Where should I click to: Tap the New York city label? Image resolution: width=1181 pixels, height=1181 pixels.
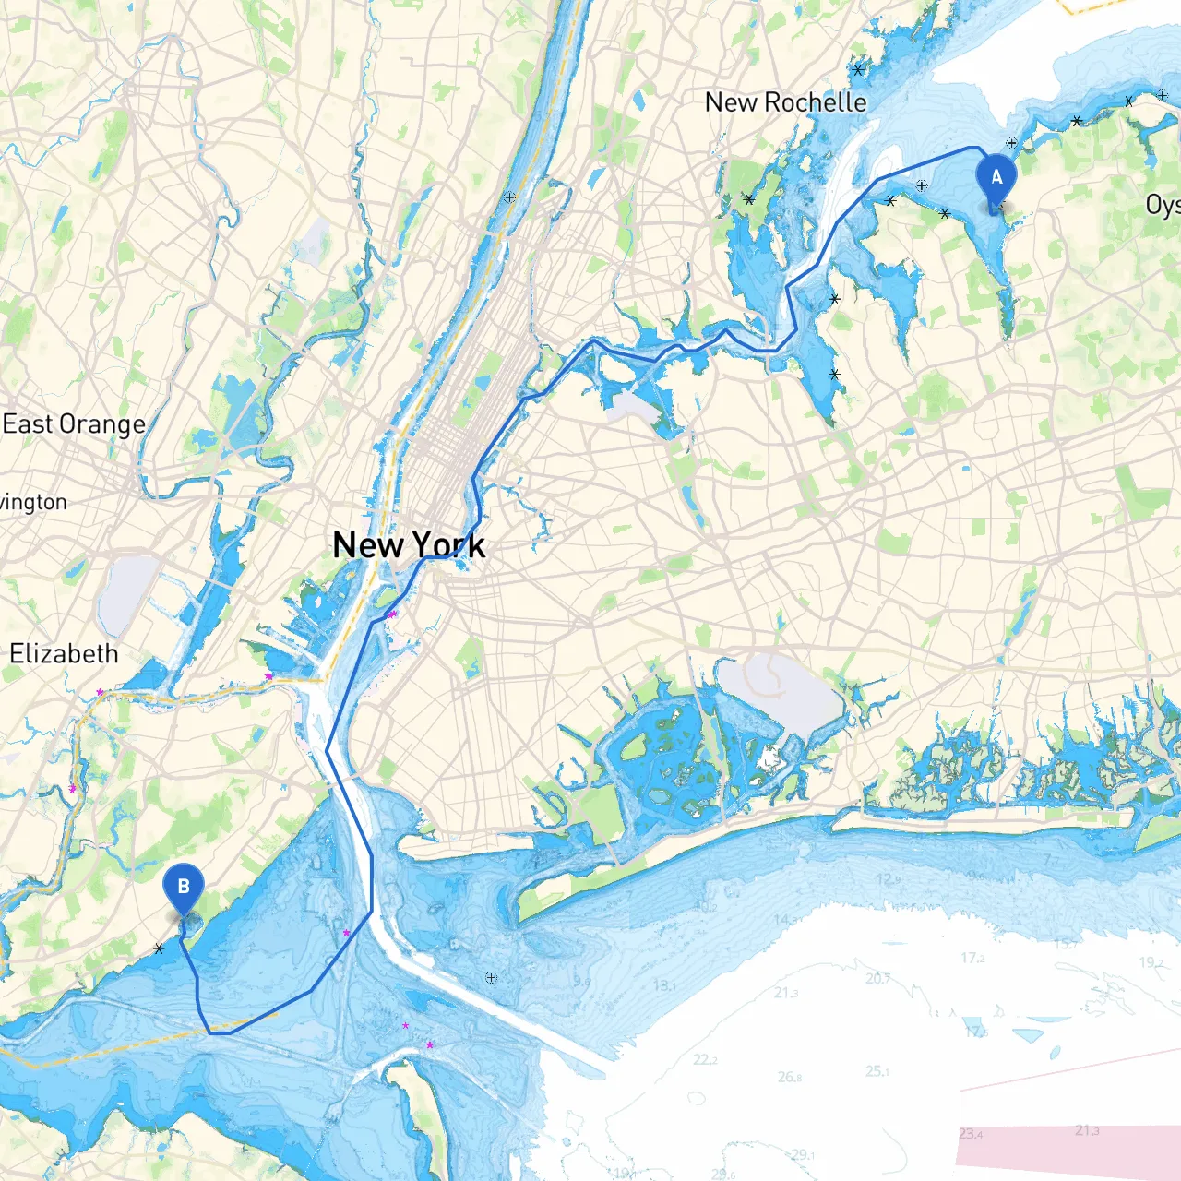(x=409, y=544)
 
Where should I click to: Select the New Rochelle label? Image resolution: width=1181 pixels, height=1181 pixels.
(x=785, y=102)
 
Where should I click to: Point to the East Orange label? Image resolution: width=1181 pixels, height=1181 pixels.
(x=74, y=424)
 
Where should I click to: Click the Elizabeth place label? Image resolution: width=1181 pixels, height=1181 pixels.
(x=64, y=654)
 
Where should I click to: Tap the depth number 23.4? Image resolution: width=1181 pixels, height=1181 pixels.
(x=971, y=1134)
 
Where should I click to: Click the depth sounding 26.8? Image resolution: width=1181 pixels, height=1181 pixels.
(x=790, y=1077)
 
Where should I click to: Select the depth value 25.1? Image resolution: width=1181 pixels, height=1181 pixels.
(x=877, y=1071)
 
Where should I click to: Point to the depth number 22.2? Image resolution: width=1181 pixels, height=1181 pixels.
(x=705, y=1060)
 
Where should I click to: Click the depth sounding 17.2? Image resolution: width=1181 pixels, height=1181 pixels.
(x=973, y=959)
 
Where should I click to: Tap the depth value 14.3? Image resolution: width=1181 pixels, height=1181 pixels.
(x=784, y=920)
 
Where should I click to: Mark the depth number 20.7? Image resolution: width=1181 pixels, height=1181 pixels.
(x=878, y=978)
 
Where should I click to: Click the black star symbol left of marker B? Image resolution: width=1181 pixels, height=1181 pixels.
(x=160, y=948)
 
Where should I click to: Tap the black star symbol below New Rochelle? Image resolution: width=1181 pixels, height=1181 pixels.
(x=749, y=199)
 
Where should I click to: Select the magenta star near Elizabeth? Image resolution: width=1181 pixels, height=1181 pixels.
(x=100, y=692)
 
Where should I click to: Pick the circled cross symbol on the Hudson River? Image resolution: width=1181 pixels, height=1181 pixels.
(x=510, y=197)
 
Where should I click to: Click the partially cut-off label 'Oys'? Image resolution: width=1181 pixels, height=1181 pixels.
(x=1163, y=205)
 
